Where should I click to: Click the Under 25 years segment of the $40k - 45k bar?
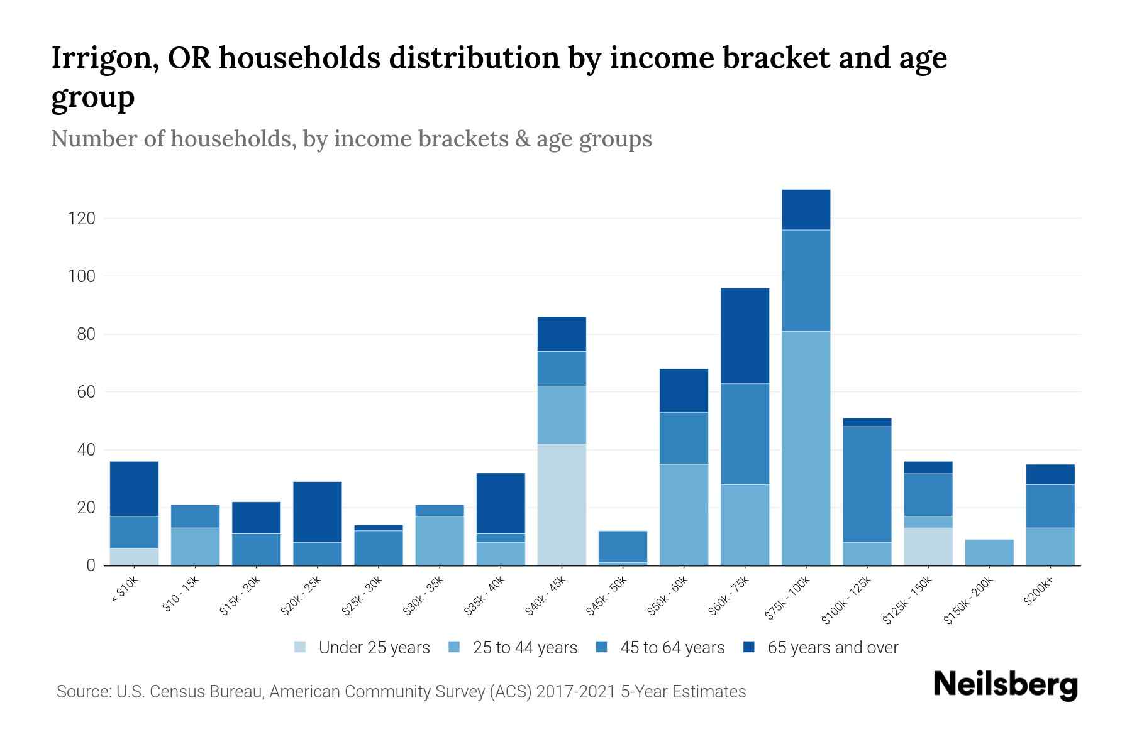562,505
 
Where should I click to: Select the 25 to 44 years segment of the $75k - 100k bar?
806,448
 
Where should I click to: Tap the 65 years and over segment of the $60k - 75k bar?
745,336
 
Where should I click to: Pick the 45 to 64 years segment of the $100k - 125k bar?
867,484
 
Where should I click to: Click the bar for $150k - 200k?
989,552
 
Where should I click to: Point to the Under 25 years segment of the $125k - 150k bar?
928,546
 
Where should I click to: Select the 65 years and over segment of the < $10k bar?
134,489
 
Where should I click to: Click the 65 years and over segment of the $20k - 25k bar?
317,511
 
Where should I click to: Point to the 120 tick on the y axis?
82,219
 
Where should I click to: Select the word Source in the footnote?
82,692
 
